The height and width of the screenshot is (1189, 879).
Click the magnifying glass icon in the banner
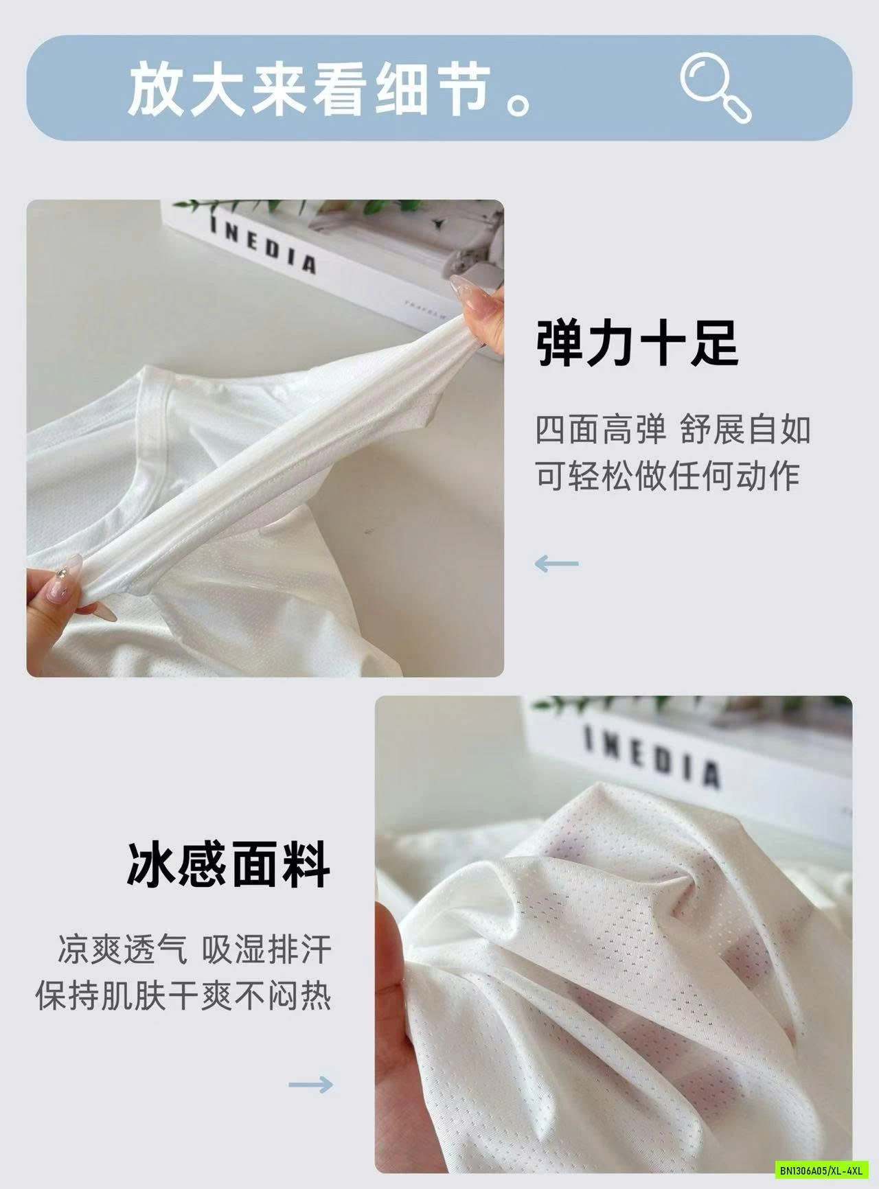[x=714, y=88]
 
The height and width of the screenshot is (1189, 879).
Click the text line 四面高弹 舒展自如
[x=673, y=430]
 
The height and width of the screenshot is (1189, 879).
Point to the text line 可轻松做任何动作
[x=667, y=476]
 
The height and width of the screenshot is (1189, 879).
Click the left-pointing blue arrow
[x=556, y=564]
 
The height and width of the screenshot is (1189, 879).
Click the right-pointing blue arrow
[x=310, y=1085]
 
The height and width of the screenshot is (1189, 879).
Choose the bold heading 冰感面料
[x=228, y=865]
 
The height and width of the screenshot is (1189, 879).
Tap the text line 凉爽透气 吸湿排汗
[x=194, y=949]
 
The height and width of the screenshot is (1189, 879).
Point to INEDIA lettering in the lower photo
[x=652, y=755]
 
